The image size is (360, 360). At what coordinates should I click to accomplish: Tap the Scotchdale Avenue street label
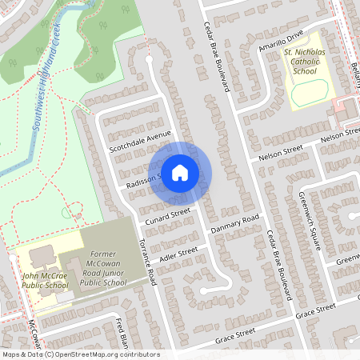(141, 141)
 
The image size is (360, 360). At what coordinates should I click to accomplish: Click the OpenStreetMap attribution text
(80, 354)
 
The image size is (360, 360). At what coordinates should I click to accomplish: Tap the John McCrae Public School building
(40, 258)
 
